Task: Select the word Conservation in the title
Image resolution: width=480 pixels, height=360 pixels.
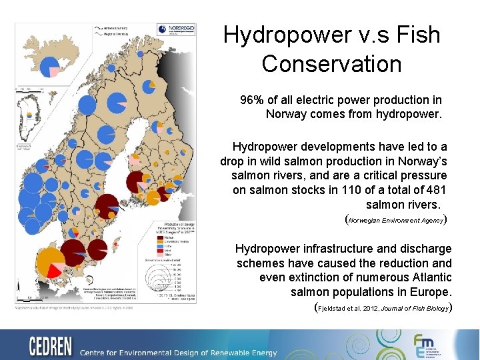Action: coord(331,64)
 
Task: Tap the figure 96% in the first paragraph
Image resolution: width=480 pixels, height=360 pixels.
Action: coord(251,100)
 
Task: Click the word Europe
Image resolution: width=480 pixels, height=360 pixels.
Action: coord(434,292)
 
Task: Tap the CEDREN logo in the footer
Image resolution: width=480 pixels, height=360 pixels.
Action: coord(51,347)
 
